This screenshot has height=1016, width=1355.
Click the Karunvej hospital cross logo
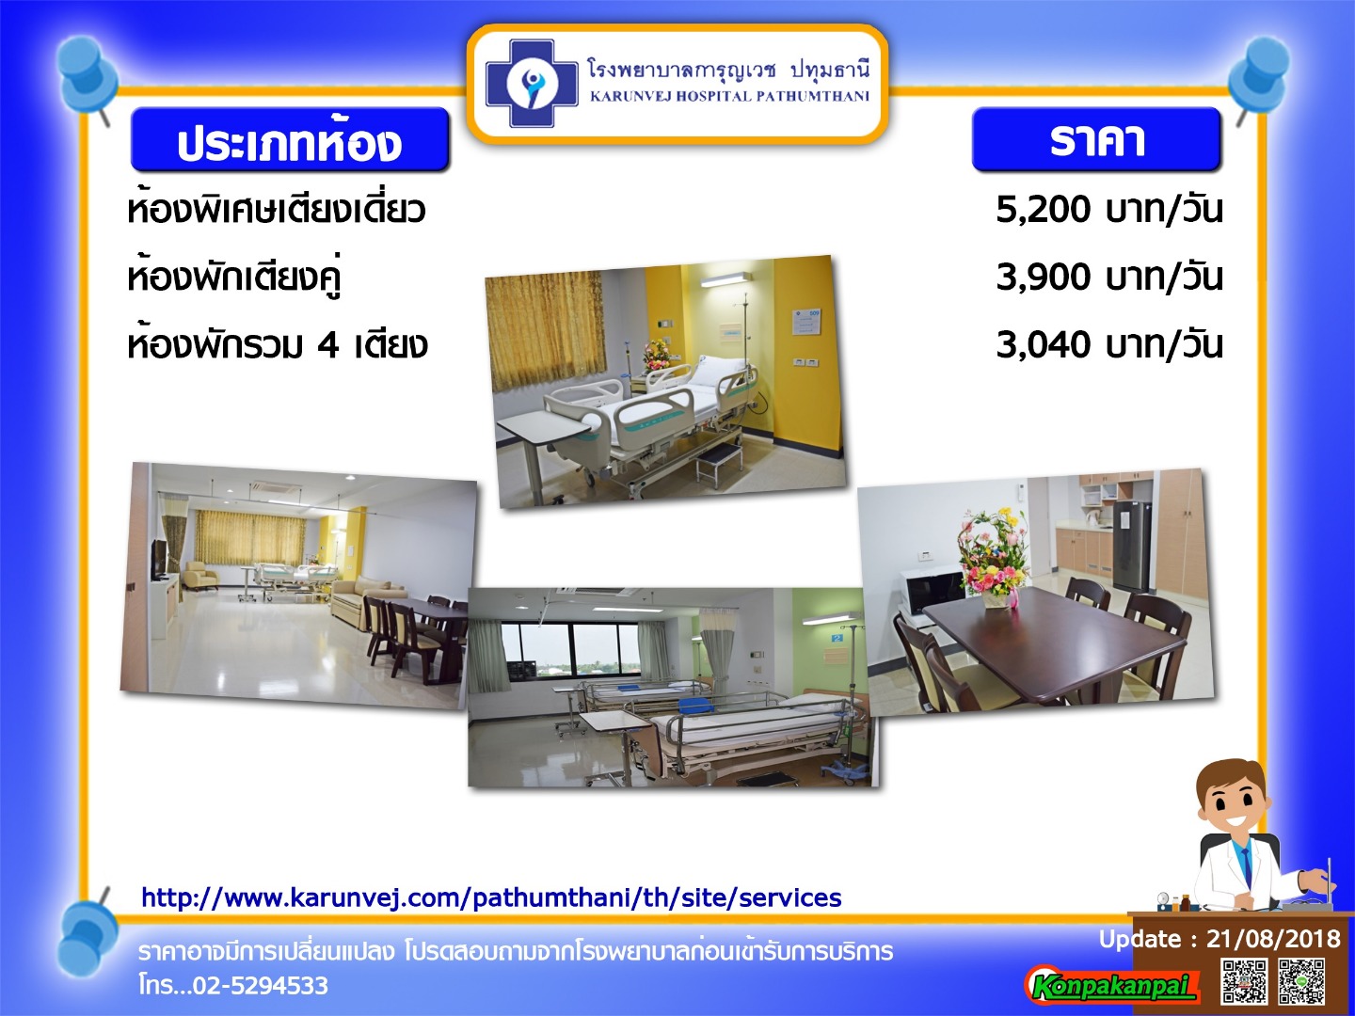(532, 84)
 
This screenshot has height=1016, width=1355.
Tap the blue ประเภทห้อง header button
(290, 139)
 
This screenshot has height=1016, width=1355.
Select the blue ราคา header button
(1096, 139)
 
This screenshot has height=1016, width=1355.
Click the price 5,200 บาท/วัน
(1108, 210)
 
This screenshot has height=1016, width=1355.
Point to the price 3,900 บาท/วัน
(1108, 277)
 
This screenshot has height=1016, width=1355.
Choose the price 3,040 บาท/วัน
(1108, 344)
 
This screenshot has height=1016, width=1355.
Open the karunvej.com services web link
(491, 897)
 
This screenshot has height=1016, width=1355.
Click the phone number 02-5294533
(261, 985)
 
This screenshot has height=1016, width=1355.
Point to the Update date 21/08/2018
(1273, 938)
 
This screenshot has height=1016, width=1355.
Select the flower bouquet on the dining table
(993, 559)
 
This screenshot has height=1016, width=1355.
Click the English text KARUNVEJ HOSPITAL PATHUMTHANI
(729, 96)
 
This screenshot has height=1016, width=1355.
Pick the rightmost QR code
(1301, 981)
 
